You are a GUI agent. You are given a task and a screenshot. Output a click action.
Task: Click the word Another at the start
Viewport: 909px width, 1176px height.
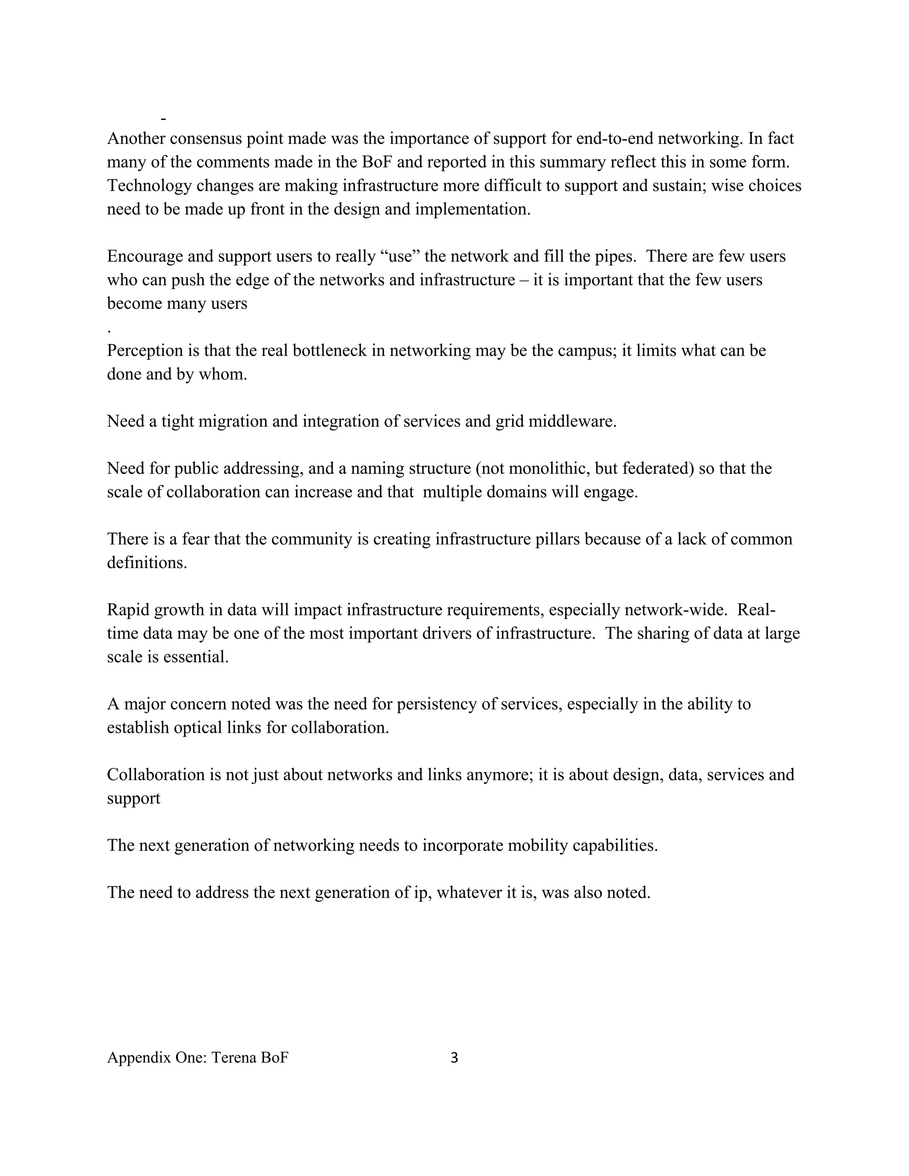click(x=136, y=138)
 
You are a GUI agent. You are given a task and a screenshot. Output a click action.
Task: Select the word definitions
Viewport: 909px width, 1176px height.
click(x=146, y=563)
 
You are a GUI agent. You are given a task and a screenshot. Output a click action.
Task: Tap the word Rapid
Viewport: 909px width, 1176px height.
click(x=128, y=610)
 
